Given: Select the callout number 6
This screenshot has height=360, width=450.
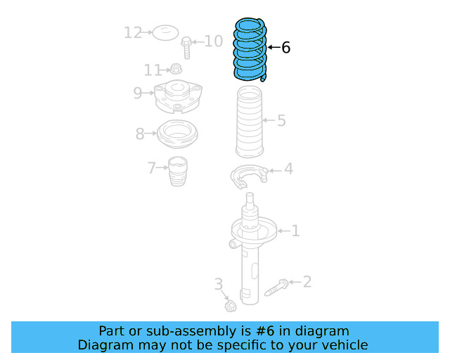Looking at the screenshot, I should [285, 48].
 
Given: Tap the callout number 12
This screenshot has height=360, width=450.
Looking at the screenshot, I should [132, 32].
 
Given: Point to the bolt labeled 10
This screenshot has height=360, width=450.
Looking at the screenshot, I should [186, 48].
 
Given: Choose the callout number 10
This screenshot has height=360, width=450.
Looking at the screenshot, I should [213, 41].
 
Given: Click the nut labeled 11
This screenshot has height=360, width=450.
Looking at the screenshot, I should [176, 69].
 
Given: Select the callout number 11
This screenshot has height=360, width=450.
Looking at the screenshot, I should [153, 70].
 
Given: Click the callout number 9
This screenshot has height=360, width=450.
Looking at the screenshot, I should [138, 92].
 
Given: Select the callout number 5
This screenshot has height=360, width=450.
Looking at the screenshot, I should [281, 121].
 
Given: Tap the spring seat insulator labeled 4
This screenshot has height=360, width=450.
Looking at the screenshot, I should [249, 176].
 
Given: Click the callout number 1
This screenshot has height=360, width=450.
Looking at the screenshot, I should [295, 231].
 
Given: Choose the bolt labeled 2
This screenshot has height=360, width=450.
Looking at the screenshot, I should [276, 288].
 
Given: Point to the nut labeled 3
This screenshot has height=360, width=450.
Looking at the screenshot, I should [230, 306].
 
